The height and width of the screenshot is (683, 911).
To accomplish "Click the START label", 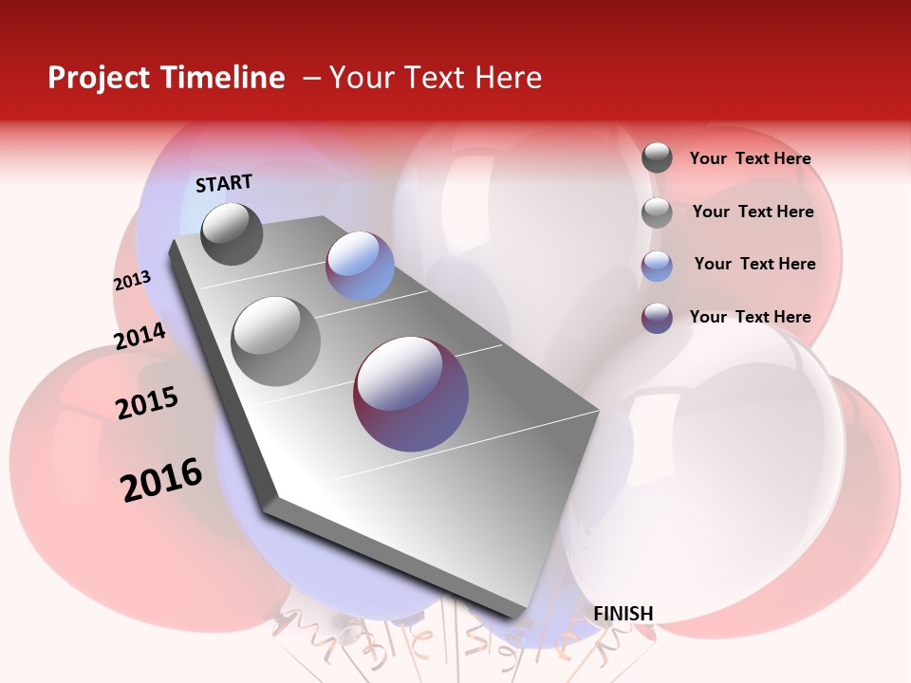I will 224,183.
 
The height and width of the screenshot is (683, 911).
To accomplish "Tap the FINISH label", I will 623,614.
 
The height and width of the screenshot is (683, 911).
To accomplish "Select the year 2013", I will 132,281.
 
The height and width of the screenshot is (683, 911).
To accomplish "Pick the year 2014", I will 139,336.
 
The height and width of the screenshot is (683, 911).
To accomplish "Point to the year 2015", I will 147,403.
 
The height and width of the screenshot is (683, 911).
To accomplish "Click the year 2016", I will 161,480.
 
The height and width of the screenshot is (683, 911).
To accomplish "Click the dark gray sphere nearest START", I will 232,234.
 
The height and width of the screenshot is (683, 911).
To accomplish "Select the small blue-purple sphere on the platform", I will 360,266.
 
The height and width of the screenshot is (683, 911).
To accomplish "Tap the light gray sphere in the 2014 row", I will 275,341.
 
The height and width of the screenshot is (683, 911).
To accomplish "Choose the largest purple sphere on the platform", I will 411,394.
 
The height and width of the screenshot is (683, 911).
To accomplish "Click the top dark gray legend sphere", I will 657,157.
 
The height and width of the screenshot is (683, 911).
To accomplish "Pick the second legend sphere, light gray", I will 657,212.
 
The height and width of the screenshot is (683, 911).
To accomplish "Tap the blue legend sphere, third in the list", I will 657,266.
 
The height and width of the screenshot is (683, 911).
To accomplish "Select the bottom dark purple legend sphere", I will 657,318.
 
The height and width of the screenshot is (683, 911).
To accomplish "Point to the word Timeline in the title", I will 222,78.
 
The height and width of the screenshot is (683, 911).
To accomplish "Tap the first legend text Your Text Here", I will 750,158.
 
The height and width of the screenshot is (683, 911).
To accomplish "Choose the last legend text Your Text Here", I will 750,317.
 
